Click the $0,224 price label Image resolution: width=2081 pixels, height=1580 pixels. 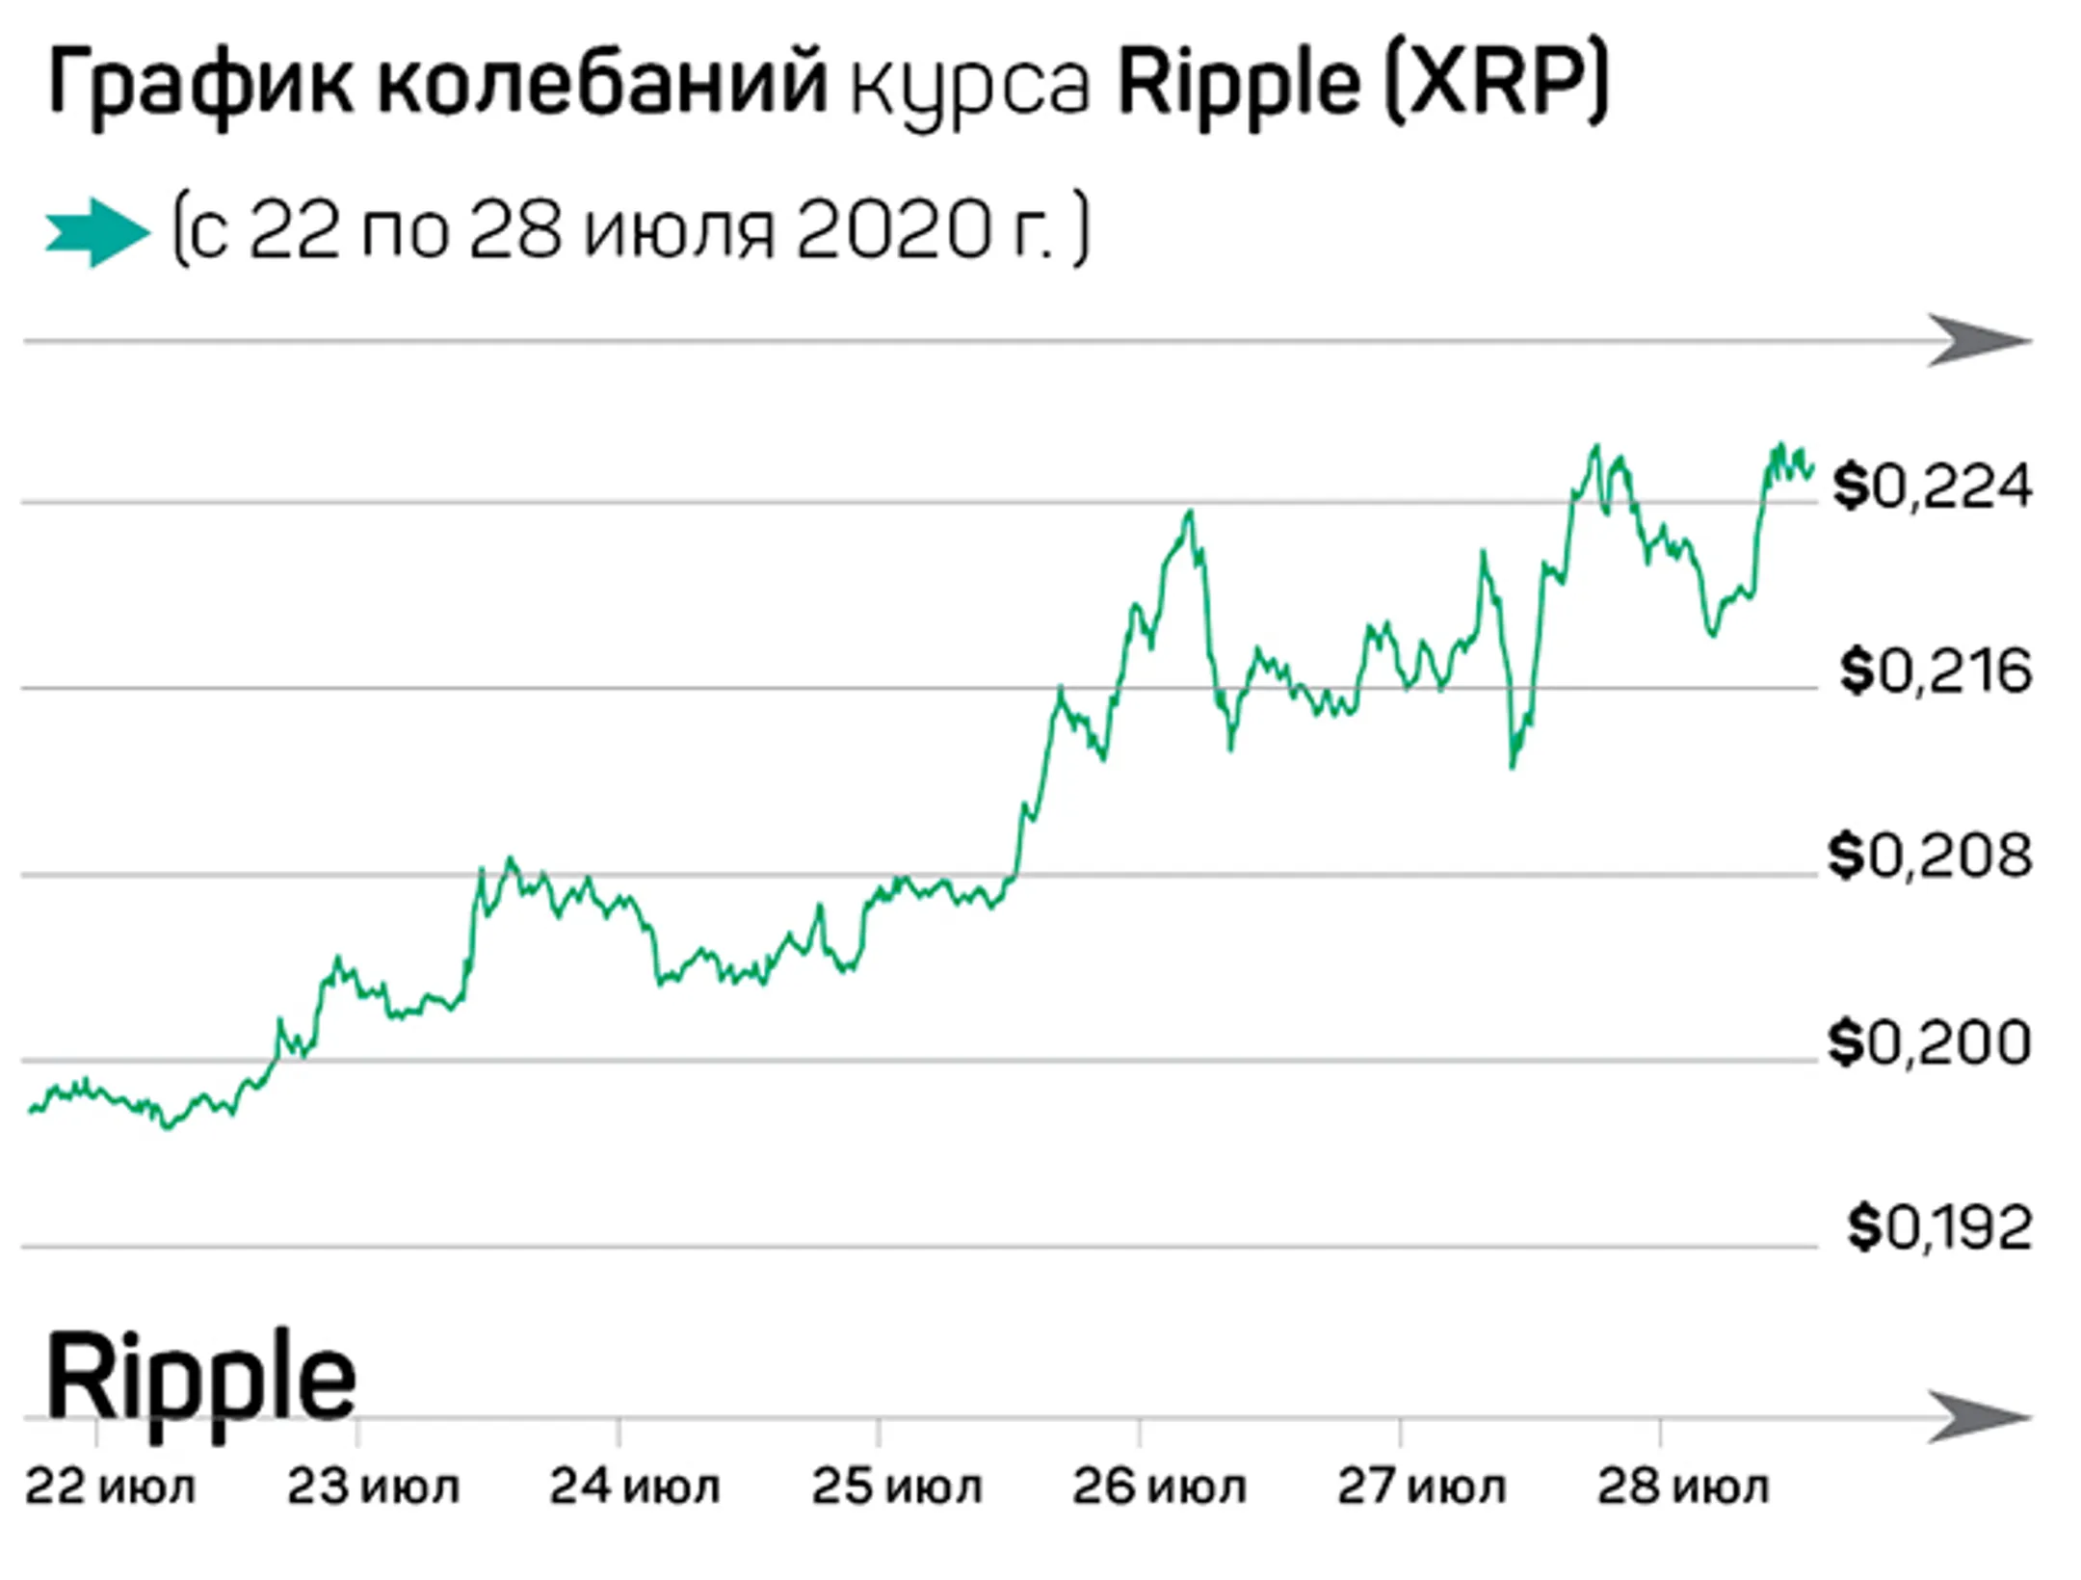coord(1931,487)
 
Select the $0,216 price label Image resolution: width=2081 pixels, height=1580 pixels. coord(1935,671)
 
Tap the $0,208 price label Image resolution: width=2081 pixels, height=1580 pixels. coord(1930,856)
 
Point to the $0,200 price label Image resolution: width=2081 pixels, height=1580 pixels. coord(1930,1041)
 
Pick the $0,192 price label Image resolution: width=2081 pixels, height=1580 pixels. coord(1938,1227)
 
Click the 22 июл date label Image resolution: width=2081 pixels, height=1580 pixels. coord(110,1488)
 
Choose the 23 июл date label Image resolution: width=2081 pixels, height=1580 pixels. coord(372,1488)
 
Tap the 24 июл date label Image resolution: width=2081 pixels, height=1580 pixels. coord(634,1488)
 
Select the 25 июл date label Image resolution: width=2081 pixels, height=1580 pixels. coord(896,1488)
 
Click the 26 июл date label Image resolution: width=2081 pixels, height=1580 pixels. coord(1158,1488)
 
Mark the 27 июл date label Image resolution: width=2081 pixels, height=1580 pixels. coord(1420,1488)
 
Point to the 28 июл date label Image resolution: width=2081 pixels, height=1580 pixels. coord(1682,1488)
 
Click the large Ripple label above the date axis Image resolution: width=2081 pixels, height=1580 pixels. coord(200,1378)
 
